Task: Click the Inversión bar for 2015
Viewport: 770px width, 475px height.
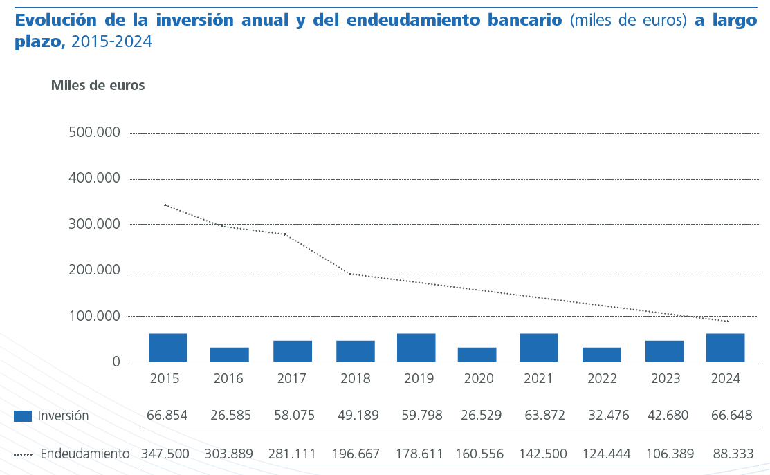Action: [167, 348]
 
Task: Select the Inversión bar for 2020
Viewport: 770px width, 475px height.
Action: [477, 355]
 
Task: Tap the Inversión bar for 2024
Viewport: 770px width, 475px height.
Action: [725, 348]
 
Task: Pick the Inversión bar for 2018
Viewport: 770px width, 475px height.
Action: [356, 351]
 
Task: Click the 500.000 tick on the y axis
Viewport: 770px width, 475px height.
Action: [95, 133]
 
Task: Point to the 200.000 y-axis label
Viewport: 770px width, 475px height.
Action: [95, 270]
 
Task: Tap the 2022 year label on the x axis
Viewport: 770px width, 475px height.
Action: [602, 379]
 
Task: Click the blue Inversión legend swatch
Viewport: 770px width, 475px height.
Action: [23, 416]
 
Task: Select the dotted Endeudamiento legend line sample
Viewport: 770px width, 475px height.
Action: [23, 454]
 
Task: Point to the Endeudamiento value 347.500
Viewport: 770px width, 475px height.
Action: [166, 454]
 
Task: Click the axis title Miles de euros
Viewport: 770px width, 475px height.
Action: [98, 85]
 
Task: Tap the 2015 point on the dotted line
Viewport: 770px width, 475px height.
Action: [165, 205]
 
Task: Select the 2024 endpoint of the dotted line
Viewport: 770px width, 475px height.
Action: [728, 322]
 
